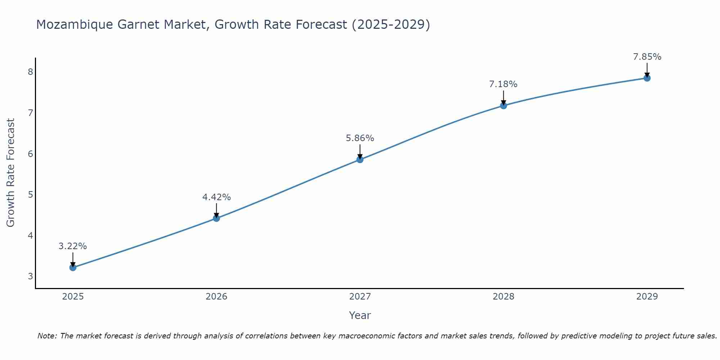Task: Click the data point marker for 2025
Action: [73, 267]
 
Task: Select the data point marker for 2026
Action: [216, 218]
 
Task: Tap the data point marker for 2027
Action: [360, 159]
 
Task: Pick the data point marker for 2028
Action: [503, 105]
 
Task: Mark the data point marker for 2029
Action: [647, 78]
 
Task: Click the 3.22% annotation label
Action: [73, 246]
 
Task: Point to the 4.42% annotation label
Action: [216, 197]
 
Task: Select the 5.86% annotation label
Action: [360, 138]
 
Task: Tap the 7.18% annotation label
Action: [503, 84]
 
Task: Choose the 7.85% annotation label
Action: [647, 57]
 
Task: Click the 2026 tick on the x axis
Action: [216, 297]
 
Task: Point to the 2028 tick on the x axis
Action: [503, 297]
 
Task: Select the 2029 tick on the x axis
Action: [647, 297]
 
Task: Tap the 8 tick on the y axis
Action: [30, 72]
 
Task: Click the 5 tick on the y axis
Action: [30, 195]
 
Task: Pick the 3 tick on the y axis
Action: [30, 276]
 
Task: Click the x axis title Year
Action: [360, 315]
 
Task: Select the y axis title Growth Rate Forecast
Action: [11, 173]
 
